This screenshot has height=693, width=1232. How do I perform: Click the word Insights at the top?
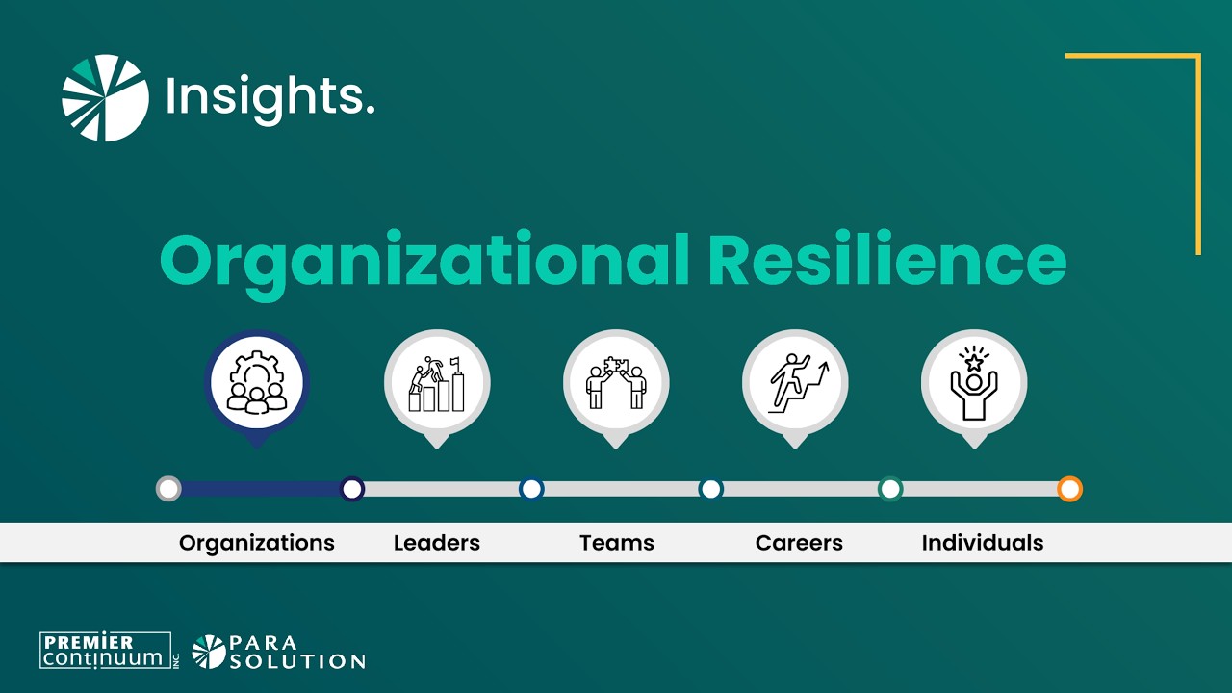pyautogui.click(x=269, y=97)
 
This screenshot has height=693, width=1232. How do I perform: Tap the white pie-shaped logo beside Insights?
pyautogui.click(x=106, y=98)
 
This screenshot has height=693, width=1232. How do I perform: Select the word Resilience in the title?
pyautogui.click(x=886, y=261)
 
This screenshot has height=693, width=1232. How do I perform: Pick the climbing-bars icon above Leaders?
pyautogui.click(x=436, y=384)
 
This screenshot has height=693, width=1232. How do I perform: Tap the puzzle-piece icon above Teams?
pyautogui.click(x=615, y=384)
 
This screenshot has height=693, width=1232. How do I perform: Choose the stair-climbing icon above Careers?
pyautogui.click(x=794, y=384)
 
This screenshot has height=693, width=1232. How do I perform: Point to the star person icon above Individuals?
pyautogui.click(x=973, y=384)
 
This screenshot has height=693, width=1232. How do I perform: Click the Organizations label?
pyautogui.click(x=257, y=543)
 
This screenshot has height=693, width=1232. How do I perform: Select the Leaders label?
pyautogui.click(x=436, y=543)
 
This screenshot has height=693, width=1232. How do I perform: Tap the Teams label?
pyautogui.click(x=616, y=543)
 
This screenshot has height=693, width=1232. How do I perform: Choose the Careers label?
pyautogui.click(x=799, y=543)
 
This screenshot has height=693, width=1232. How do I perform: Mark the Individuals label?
pyautogui.click(x=982, y=543)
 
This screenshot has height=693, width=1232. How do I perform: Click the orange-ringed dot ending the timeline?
pyautogui.click(x=1069, y=489)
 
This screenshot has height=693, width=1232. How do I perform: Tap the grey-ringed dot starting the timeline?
pyautogui.click(x=168, y=489)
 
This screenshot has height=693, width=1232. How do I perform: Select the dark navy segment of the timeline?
pyautogui.click(x=260, y=489)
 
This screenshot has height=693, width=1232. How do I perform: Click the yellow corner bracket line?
pyautogui.click(x=1197, y=144)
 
